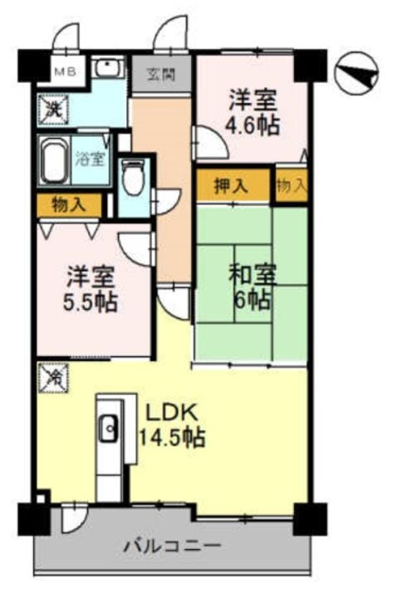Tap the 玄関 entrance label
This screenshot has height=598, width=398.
point(163,73)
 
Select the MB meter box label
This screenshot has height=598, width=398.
point(64,71)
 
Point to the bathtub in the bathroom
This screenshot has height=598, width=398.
point(57,160)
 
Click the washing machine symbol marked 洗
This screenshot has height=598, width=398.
point(52,108)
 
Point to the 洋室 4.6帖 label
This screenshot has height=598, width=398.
point(253,114)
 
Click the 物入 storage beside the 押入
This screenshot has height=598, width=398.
point(290,186)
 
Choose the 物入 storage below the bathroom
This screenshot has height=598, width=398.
point(68,203)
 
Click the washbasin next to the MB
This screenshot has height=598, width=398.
point(106,70)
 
